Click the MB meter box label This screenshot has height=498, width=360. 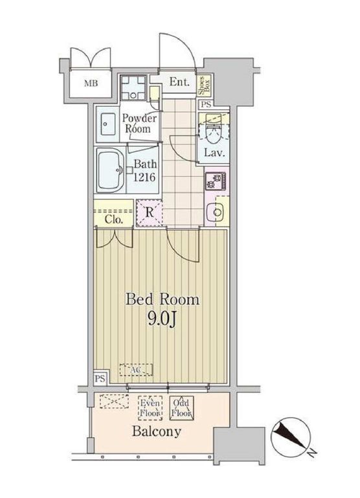tap(91, 84)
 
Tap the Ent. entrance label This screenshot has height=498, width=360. tap(179, 82)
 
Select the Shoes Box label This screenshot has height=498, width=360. tap(205, 85)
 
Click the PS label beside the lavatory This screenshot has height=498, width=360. tap(207, 104)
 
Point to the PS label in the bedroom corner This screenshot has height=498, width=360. tap(100, 379)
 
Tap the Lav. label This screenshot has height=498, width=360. tap(214, 153)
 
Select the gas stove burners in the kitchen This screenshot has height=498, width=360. tap(216, 181)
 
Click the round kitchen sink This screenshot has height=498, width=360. tap(218, 212)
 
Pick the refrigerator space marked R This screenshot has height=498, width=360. tap(149, 212)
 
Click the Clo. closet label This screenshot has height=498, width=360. tap(113, 220)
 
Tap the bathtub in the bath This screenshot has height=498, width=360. tap(111, 171)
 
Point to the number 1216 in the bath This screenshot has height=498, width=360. tap(144, 177)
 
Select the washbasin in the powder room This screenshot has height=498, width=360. tap(107, 124)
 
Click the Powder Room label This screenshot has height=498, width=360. tap(139, 123)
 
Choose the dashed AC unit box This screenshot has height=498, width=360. tap(136, 370)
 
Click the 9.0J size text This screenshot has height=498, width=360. tap(162, 319)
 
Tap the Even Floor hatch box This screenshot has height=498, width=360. tap(150, 408)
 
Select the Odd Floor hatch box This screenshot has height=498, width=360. tap(181, 408)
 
